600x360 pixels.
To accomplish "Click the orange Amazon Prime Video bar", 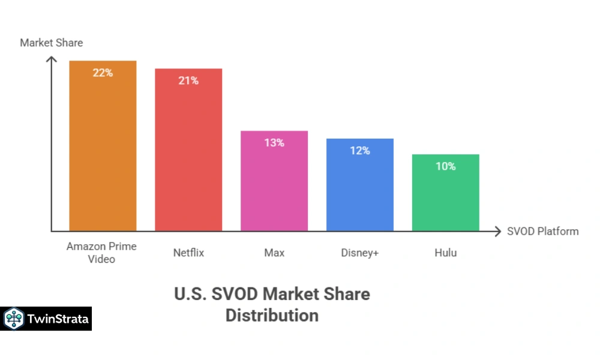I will click(x=103, y=156).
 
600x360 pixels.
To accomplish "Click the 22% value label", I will click(x=103, y=73).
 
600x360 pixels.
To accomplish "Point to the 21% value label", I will click(x=188, y=80).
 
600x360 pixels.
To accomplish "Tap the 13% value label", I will click(x=274, y=143).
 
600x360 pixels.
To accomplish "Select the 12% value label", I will click(x=360, y=151).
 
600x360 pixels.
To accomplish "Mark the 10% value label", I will click(x=445, y=166).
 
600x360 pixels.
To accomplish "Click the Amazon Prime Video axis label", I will click(x=101, y=253).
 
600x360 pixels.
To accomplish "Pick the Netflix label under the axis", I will click(x=188, y=253).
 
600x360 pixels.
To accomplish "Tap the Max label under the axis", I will click(x=274, y=253).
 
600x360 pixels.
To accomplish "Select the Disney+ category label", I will click(x=360, y=253).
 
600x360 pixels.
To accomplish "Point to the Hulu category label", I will click(x=445, y=253).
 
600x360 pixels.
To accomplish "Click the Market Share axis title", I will click(x=52, y=43).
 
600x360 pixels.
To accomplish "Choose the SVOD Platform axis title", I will click(x=542, y=231).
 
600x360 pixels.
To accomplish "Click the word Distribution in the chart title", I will click(x=272, y=315).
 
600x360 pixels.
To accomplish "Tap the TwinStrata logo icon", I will click(x=13, y=319).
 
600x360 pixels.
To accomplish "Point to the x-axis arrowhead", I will click(x=496, y=231).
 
